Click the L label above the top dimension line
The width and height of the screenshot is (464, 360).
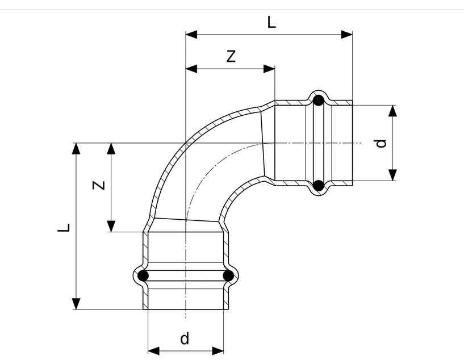point(271,22)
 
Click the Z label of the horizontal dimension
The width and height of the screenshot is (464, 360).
point(231,56)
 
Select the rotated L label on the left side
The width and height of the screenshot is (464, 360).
point(64,228)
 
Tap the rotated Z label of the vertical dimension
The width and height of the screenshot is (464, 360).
point(99,185)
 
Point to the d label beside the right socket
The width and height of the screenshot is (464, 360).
point(381,144)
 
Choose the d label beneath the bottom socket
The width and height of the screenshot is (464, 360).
point(185,338)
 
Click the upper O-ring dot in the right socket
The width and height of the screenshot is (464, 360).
point(319,101)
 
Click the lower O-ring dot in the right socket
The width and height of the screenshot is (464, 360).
point(319,186)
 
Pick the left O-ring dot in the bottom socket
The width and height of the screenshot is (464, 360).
point(143,276)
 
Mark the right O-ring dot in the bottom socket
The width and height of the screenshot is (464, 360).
point(228,276)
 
